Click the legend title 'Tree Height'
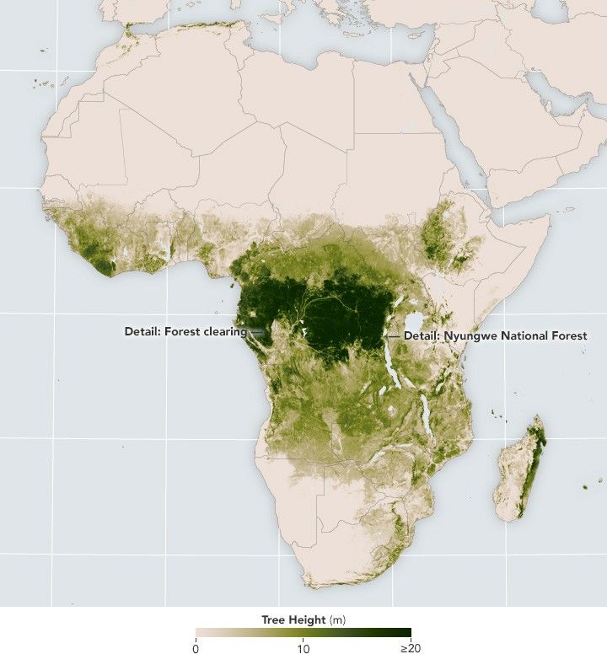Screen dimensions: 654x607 pyautogui.click(x=293, y=620)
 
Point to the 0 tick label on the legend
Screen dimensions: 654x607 pyautogui.click(x=196, y=647)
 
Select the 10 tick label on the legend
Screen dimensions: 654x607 pyautogui.click(x=303, y=647)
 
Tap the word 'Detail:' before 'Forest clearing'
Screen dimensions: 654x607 pyautogui.click(x=142, y=331)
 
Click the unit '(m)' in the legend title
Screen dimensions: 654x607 pyautogui.click(x=337, y=620)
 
